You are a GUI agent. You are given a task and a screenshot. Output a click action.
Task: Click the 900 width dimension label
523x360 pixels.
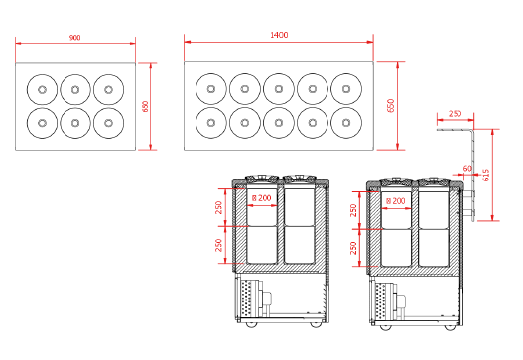[x=75, y=38]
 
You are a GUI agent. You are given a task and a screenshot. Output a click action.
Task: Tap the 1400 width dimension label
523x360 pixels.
[x=279, y=35]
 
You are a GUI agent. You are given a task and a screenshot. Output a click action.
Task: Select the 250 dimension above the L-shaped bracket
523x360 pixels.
[x=455, y=114]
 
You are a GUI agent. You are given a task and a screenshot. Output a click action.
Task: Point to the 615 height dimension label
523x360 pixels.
[x=486, y=175]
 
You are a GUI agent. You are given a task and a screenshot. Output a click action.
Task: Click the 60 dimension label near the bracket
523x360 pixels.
[x=467, y=169]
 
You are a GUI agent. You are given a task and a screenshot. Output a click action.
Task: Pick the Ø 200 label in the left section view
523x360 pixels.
[x=262, y=198]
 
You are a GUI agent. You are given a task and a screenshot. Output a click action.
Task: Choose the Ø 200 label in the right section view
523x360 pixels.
[x=396, y=201]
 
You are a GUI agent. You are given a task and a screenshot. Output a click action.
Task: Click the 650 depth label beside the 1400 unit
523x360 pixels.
[x=391, y=106]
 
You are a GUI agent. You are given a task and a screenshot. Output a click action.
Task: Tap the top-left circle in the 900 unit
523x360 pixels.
[x=42, y=89]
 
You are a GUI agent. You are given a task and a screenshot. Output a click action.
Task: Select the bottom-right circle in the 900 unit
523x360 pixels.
[x=109, y=123]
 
